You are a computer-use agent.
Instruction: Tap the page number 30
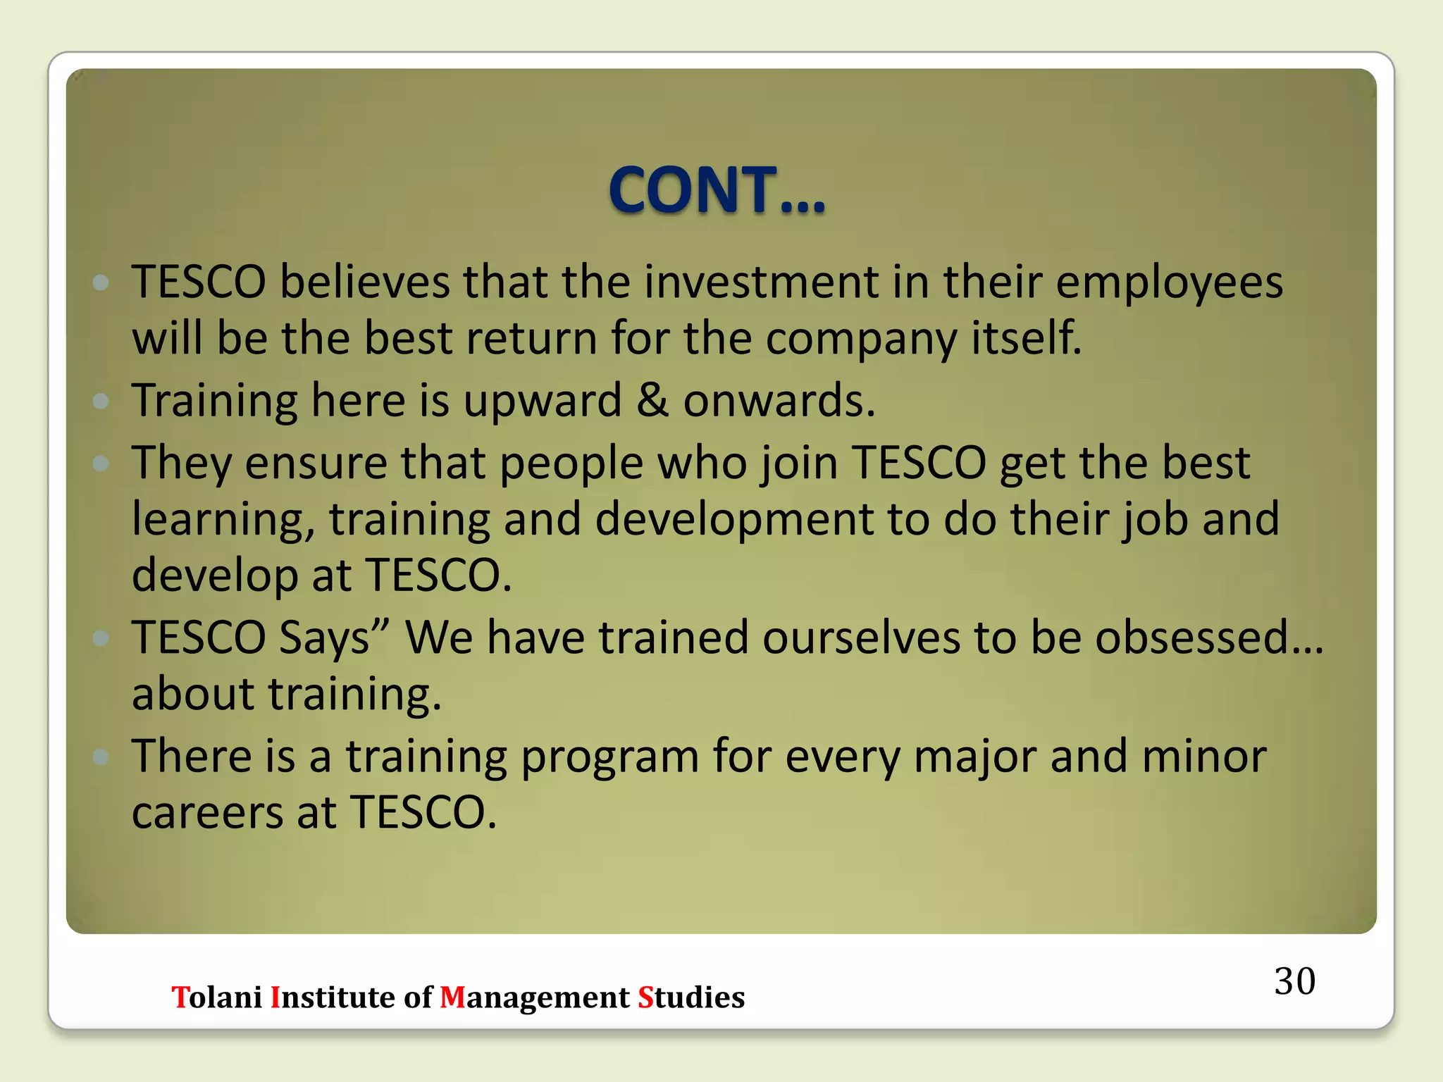(x=1294, y=981)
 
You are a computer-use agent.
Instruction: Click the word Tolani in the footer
(x=217, y=997)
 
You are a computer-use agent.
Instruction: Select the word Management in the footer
(x=535, y=997)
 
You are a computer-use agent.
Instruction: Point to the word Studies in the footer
(x=691, y=997)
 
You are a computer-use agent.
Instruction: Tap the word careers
(x=208, y=812)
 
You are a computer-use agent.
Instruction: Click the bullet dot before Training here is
(x=101, y=401)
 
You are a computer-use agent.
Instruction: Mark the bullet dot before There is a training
(x=101, y=757)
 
